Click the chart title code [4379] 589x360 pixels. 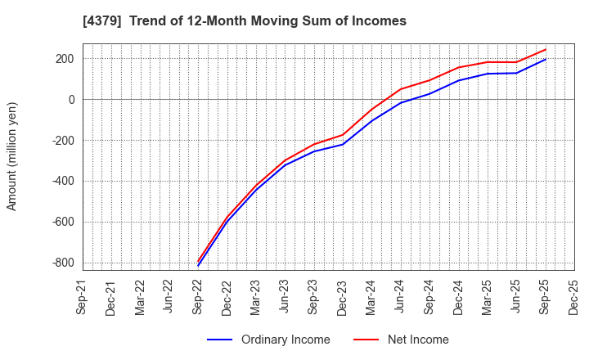102,21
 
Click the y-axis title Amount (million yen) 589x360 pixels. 12,156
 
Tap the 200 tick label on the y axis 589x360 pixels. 65,59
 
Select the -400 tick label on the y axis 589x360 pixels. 62,181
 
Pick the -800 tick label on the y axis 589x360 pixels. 62,263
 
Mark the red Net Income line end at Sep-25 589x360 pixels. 546,49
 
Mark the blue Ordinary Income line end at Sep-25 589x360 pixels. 546,59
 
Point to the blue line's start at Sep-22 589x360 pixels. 198,266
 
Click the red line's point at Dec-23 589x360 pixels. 343,135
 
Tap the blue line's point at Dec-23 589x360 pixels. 343,144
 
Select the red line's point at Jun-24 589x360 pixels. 401,89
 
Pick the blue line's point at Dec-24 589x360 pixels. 459,80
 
